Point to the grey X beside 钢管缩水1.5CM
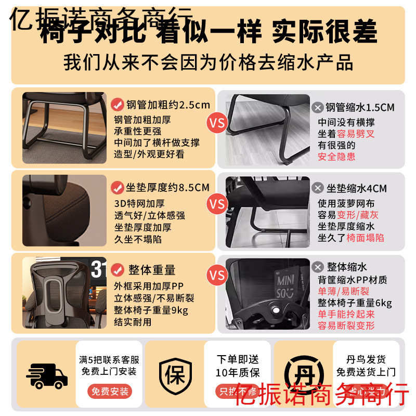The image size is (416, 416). tap(317, 108)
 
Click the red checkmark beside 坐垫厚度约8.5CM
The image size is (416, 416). tap(118, 188)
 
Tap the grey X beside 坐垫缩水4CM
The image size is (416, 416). tap(317, 188)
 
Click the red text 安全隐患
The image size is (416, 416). tap(336, 157)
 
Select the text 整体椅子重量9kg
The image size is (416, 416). tap(151, 310)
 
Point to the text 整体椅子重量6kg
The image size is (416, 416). tap(355, 303)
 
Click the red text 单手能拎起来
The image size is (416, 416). tap(346, 314)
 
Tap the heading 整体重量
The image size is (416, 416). tap(151, 270)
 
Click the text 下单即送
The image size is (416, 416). tap(237, 359)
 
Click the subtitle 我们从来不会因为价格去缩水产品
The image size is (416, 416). tap(208, 63)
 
